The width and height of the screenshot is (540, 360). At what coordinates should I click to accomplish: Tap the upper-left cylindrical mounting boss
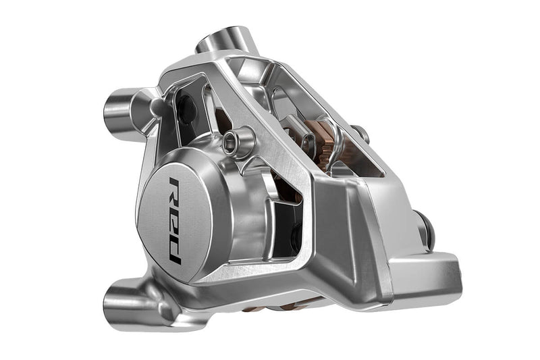(122, 111)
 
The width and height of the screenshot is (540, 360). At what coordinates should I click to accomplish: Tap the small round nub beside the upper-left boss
(157, 105)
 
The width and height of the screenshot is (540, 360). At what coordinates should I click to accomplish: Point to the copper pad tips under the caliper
(270, 307)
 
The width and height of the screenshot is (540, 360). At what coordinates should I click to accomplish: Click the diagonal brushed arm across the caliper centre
(283, 162)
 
